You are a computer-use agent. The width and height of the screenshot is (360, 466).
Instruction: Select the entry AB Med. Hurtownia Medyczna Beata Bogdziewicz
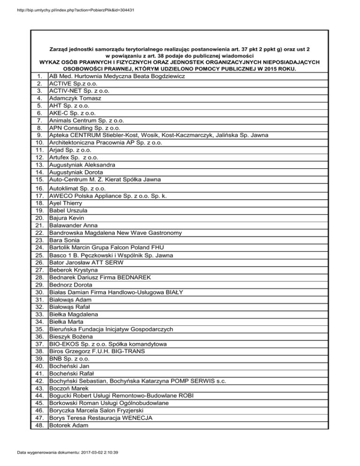pos(117,76)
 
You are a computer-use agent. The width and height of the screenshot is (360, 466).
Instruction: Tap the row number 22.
pos(40,233)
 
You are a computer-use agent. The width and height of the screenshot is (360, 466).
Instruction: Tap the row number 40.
pos(40,366)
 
